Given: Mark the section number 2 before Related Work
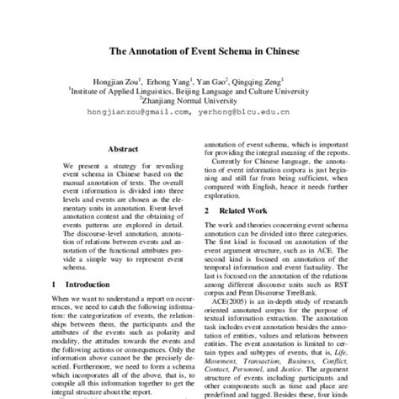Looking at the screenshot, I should pyautogui.click(x=207, y=209).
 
